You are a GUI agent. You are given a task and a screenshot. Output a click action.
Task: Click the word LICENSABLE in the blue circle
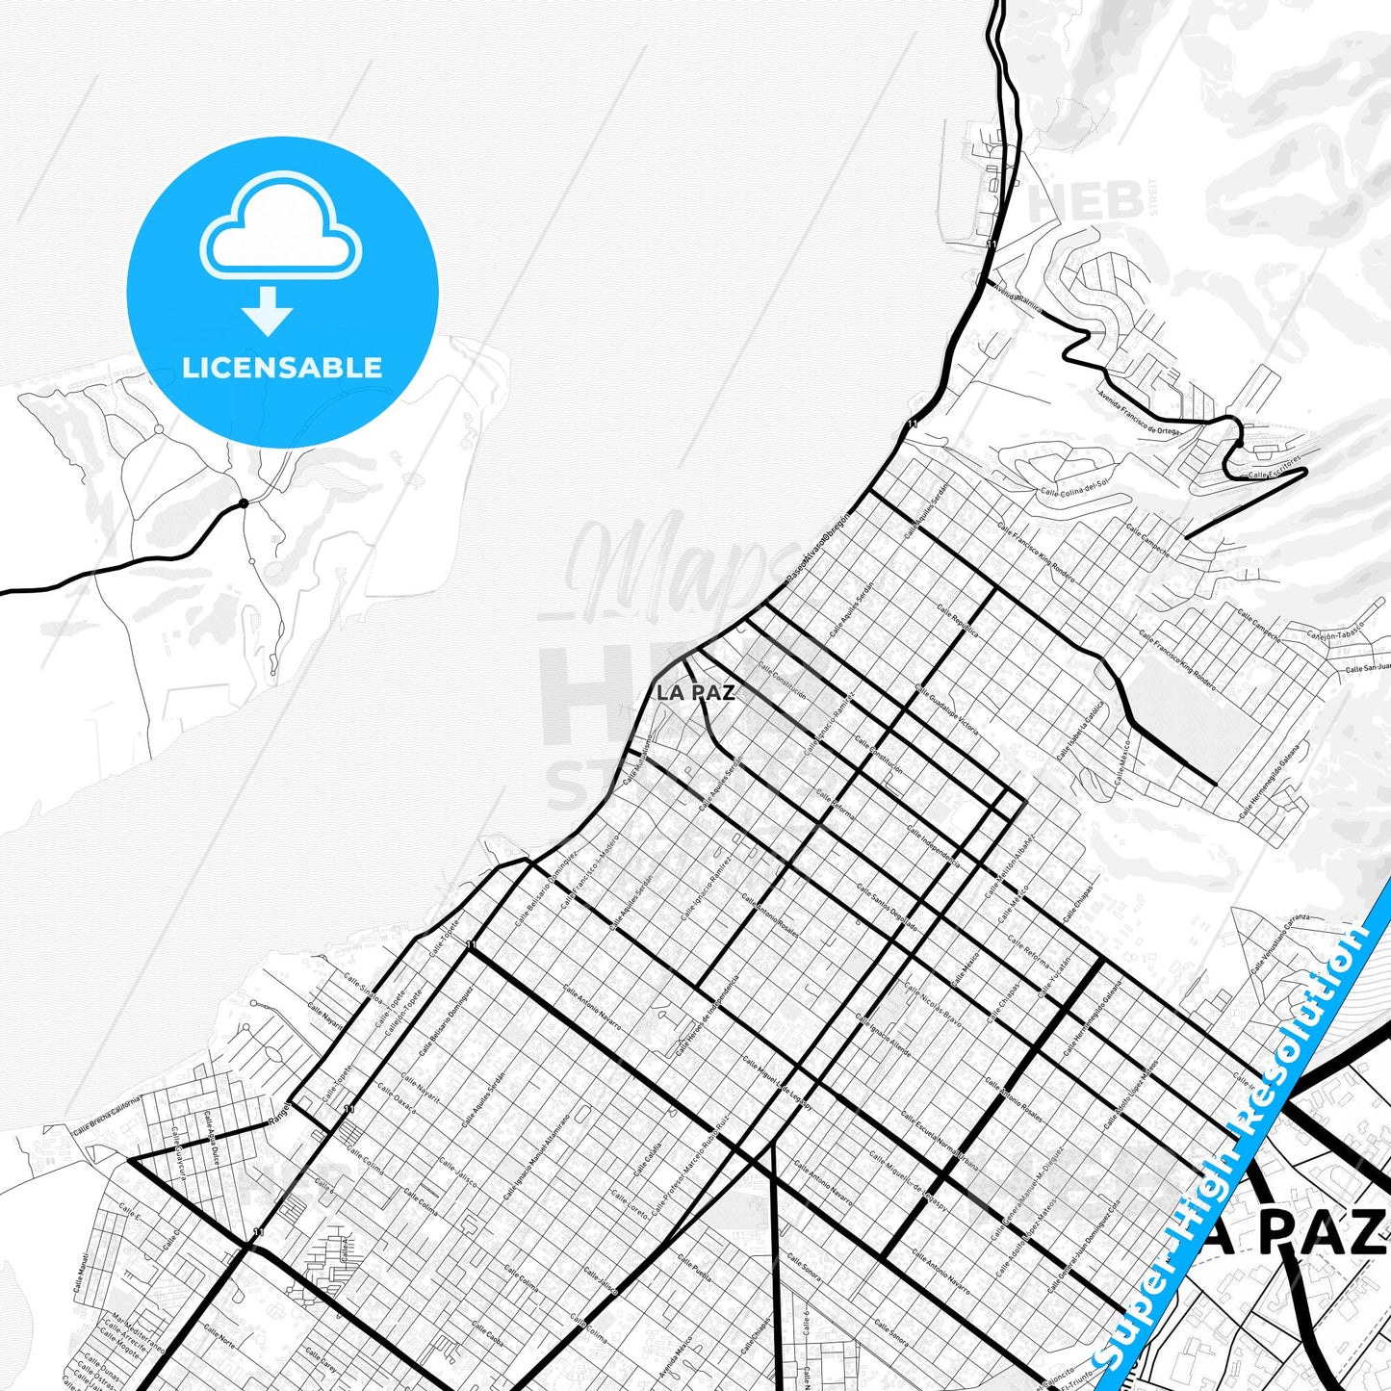tap(282, 367)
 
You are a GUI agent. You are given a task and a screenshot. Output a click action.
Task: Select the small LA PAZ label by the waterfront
tap(695, 692)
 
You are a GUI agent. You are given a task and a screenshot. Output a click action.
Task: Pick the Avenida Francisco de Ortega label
tap(1141, 411)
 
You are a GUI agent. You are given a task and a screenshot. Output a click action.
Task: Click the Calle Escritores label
tap(1275, 472)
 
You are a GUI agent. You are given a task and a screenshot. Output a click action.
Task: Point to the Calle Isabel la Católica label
tap(1080, 730)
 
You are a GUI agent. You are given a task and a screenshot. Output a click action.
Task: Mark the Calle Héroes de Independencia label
tap(708, 1017)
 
